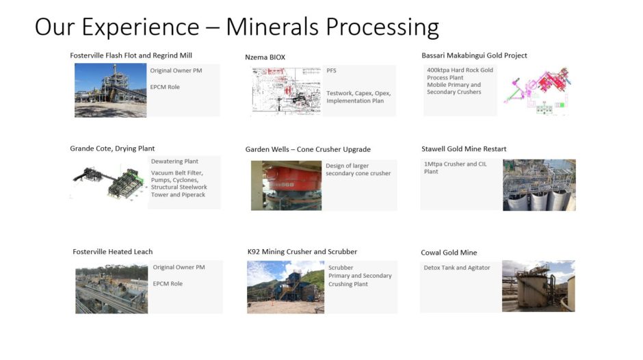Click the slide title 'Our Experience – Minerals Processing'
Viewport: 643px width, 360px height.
[x=237, y=27]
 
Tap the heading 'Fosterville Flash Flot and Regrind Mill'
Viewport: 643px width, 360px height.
[x=131, y=55]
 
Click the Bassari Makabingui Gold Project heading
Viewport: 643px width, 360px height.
[x=474, y=55]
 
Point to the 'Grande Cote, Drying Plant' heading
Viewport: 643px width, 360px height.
[x=112, y=149]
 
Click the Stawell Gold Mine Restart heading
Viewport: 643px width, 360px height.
[x=463, y=149]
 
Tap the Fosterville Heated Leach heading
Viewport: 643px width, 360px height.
[x=112, y=252]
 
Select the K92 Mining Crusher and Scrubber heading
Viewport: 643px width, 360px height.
[x=302, y=252]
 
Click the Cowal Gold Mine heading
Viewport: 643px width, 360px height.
[x=449, y=253]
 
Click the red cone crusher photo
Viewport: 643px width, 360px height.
[x=286, y=185]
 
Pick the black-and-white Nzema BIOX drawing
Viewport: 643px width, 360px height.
[x=287, y=91]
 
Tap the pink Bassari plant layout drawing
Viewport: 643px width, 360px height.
[x=537, y=90]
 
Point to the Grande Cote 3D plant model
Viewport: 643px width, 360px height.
[x=109, y=183]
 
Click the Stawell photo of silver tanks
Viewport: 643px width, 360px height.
[x=539, y=185]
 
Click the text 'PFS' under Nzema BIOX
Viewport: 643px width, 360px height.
[x=331, y=70]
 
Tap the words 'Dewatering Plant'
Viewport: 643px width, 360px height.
[x=174, y=162]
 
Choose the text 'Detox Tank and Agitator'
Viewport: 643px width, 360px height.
[x=456, y=268]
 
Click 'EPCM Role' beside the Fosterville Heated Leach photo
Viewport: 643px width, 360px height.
[x=168, y=283]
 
